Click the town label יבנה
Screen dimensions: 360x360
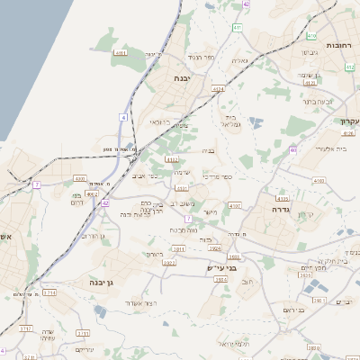coord(187,77)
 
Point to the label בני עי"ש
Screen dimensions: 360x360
coord(220,267)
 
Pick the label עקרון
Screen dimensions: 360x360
coord(348,121)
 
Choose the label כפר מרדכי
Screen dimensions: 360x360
coord(218,176)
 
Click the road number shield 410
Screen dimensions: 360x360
coord(311,37)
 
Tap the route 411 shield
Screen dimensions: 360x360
coord(237,28)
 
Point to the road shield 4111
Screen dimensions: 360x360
coord(121,53)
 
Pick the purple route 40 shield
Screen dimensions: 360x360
coord(293,151)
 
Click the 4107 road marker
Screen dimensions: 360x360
coord(235,206)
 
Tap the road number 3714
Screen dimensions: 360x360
coord(49,292)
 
